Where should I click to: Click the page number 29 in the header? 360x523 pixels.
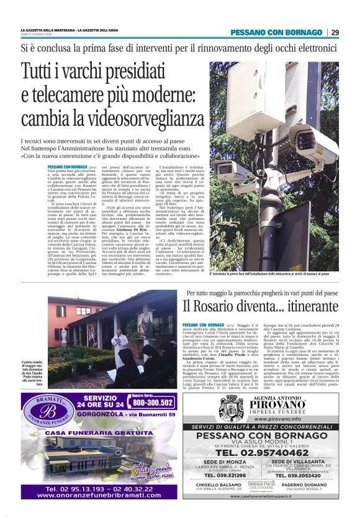[x=335, y=32]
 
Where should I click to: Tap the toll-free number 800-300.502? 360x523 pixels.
[x=151, y=402]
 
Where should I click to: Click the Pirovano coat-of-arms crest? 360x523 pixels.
[x=231, y=407]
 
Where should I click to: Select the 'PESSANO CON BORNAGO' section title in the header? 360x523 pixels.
[x=276, y=32]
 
